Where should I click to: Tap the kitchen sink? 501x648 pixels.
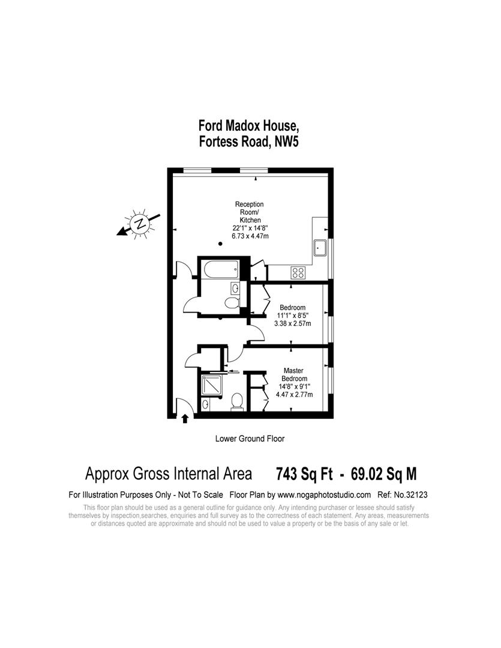coord(320,248)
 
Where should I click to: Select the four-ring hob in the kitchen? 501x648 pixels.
coord(298,273)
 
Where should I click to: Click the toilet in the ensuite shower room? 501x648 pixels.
coord(237,401)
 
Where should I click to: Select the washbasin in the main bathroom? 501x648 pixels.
coord(234,288)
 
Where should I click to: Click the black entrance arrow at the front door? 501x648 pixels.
coord(185,419)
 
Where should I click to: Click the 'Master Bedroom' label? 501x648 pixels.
coord(294,375)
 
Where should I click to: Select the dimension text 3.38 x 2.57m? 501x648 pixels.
coord(293,323)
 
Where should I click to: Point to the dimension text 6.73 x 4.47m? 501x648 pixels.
coord(250,236)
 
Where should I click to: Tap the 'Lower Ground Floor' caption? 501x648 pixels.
coord(250,439)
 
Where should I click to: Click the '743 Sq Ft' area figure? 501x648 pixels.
coord(304,474)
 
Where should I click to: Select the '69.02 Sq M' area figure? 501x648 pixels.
coord(383,474)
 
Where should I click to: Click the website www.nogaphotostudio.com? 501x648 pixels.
coord(324,494)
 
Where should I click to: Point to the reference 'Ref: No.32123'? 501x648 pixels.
coord(402,494)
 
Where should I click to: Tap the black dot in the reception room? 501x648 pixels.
coord(220,244)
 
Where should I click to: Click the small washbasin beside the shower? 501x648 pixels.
coord(205,404)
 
